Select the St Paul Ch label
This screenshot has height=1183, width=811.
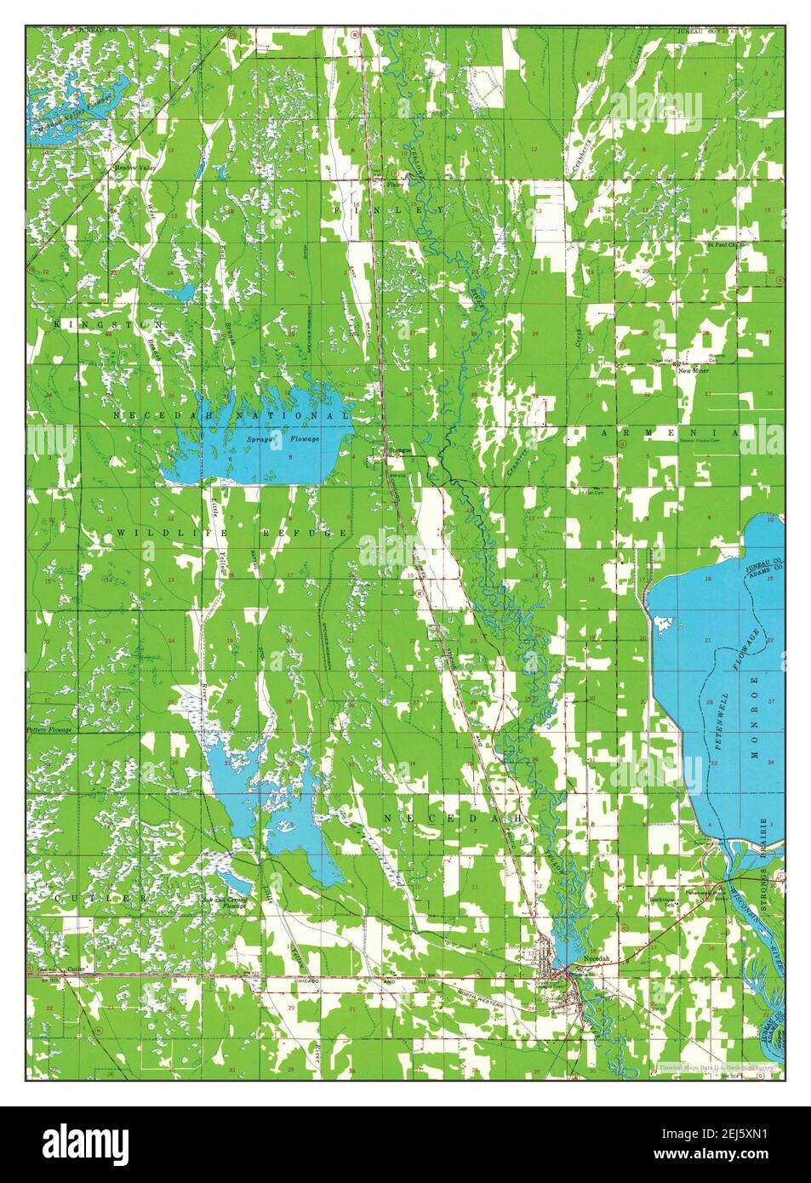click(x=725, y=245)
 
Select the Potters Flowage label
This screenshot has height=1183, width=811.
click(x=50, y=730)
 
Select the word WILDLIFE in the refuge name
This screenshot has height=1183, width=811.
click(x=159, y=533)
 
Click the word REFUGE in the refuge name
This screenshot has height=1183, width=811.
click(x=316, y=533)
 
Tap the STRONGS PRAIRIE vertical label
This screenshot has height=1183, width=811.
click(x=764, y=860)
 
